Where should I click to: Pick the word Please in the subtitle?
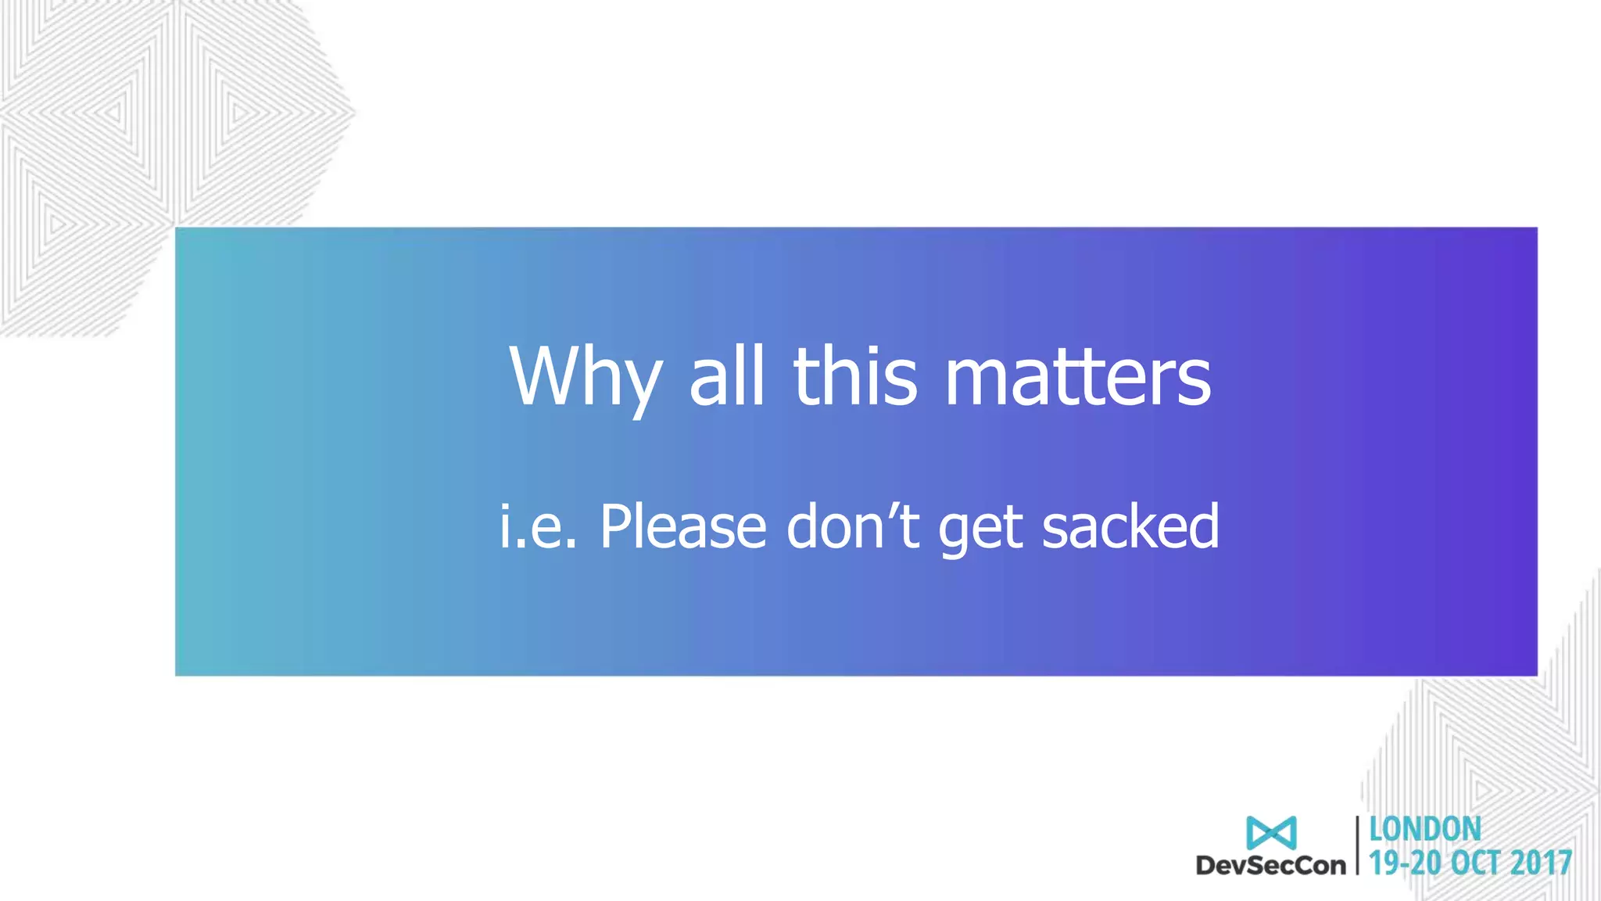(x=683, y=526)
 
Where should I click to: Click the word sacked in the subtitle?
(x=1130, y=526)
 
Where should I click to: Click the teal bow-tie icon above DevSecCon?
(x=1271, y=833)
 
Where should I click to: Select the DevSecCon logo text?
(x=1271, y=865)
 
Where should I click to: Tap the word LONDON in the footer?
(x=1425, y=830)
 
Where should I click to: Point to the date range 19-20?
(x=1405, y=863)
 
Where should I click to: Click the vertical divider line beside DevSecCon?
(x=1358, y=845)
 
